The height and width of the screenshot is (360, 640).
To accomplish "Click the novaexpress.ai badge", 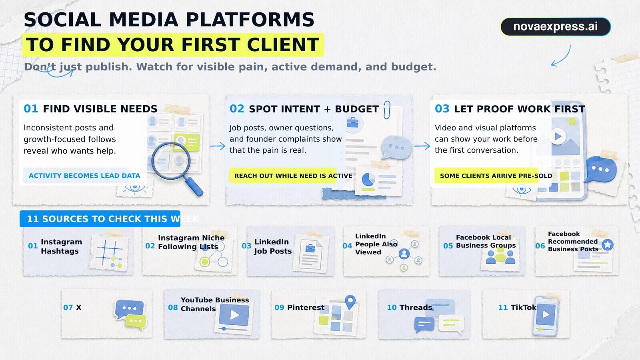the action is tap(556, 26).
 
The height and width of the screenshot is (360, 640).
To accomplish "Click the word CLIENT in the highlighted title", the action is tap(283, 44).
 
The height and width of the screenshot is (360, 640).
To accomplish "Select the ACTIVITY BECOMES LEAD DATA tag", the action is tap(84, 176).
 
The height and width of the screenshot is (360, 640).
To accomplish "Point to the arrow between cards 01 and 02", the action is tap(218, 146).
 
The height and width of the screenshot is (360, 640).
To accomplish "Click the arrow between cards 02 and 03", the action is tap(422, 146).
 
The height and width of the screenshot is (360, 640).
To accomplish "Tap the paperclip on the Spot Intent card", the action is tap(387, 110).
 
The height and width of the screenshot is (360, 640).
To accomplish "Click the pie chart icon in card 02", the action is tap(368, 179).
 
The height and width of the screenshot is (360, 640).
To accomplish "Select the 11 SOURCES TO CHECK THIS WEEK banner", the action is tap(100, 219).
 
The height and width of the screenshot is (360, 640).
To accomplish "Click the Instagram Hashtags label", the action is tap(62, 246).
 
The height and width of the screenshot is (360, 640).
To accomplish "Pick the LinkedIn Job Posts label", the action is tap(273, 246).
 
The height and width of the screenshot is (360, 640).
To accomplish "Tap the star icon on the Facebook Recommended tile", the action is tap(608, 244).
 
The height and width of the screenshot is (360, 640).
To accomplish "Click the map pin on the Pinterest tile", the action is tap(350, 302).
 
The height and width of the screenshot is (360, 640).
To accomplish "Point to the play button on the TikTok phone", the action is tap(546, 314).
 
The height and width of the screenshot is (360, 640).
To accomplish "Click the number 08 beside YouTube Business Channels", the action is tap(173, 308).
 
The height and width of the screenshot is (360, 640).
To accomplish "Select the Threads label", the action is tap(416, 308).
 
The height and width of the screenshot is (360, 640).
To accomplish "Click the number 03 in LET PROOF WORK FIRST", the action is tap(442, 109).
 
